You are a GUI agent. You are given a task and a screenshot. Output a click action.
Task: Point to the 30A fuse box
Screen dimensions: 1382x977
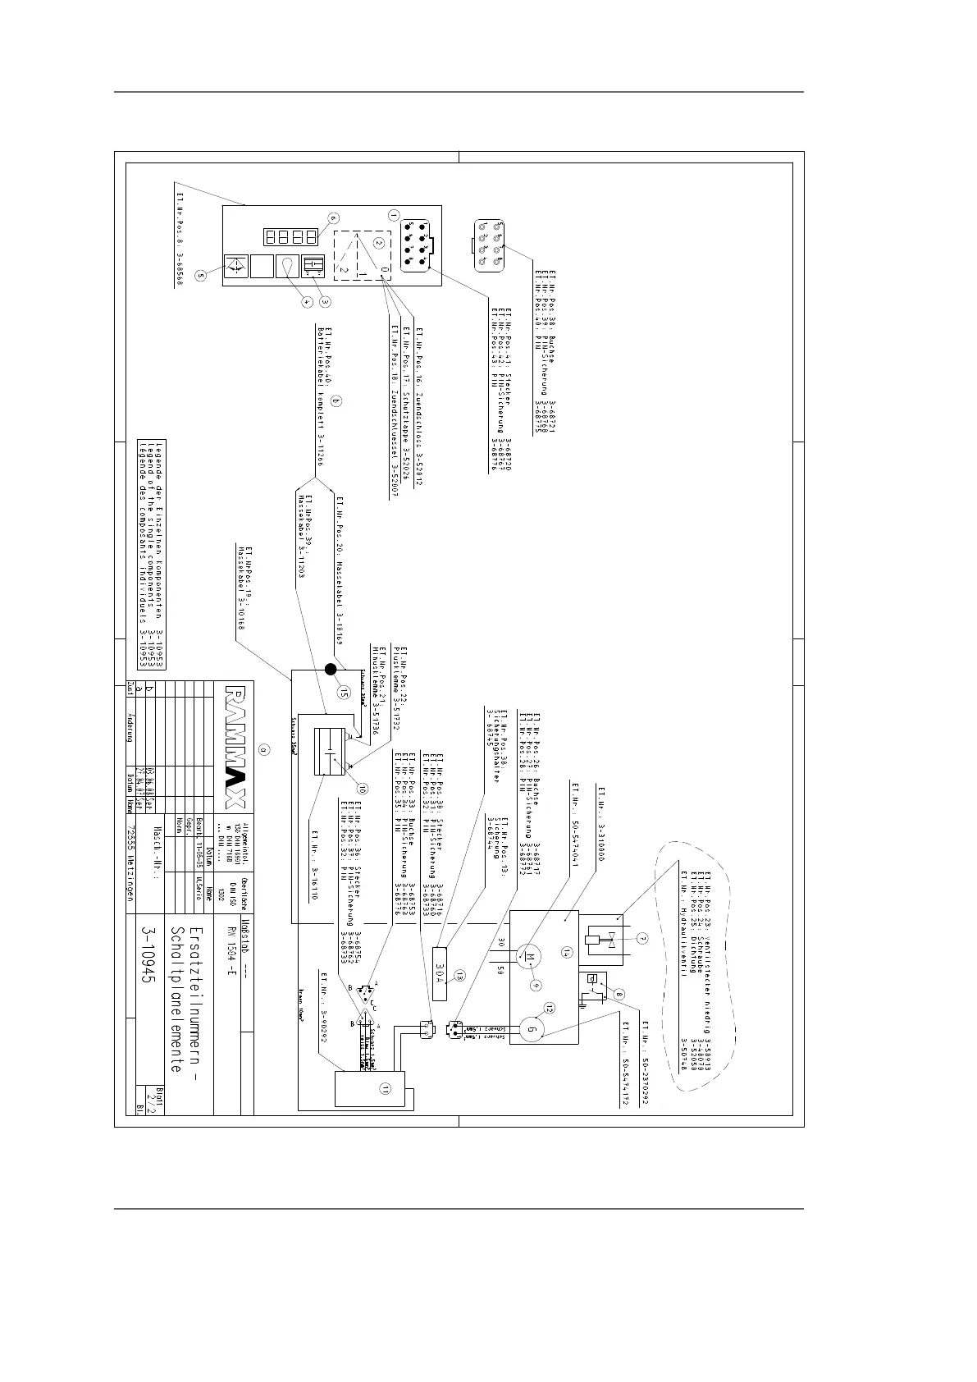pos(440,972)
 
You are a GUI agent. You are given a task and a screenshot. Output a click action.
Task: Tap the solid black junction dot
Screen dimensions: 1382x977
pos(331,670)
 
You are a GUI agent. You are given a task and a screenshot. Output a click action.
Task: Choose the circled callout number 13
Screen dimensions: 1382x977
pos(459,976)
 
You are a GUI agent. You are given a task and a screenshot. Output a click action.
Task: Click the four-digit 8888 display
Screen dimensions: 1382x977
pos(290,237)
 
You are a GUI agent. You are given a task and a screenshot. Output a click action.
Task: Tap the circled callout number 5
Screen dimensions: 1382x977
pos(200,277)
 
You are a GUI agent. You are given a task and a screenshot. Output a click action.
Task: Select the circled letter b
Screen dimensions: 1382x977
pos(336,401)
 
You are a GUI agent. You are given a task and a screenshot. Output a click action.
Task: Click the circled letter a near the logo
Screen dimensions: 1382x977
pos(263,749)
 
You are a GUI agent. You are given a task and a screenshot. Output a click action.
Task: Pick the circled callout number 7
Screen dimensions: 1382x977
pos(642,938)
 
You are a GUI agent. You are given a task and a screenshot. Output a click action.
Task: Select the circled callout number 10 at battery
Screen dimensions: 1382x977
pos(362,789)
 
